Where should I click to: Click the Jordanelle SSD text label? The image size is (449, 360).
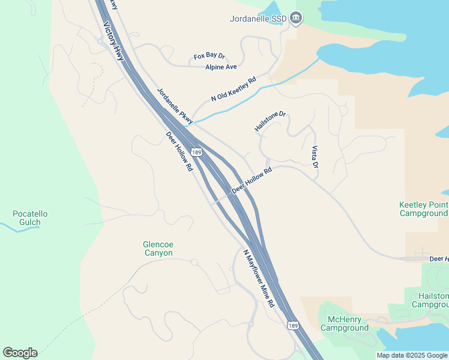258,19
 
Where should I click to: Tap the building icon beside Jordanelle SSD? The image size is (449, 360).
295,19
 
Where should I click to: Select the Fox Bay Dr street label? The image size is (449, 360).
209,56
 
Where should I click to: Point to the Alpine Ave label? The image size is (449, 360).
221,67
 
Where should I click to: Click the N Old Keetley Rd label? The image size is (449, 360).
234,89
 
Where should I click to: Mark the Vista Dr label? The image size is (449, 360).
314,156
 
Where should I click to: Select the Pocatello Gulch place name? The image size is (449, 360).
30,218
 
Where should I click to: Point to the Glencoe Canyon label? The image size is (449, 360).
158,248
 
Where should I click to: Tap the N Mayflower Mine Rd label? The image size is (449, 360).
259,278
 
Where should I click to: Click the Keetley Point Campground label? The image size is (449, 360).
424,209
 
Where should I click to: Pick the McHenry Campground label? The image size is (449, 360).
344,323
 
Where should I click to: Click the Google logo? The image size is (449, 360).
20,353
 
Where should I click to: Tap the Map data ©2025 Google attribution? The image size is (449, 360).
412,355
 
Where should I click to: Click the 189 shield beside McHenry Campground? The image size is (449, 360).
292,326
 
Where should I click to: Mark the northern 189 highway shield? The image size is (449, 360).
196,153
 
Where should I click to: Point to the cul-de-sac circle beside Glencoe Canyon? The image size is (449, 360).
194,262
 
